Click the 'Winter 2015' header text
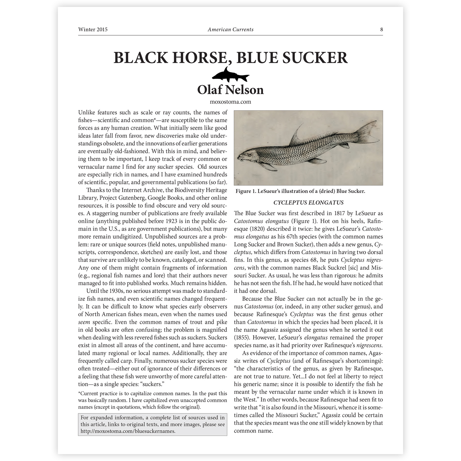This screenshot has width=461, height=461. click(93, 29)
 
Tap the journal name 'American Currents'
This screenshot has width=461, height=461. click(231, 29)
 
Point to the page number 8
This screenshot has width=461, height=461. click(381, 29)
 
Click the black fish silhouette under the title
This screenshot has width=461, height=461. click(231, 75)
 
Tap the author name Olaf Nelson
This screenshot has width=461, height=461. click(231, 90)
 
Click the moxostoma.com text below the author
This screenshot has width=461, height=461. click(231, 102)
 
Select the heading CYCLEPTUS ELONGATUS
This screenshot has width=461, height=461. click(308, 203)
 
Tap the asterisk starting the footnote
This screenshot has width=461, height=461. click(79, 393)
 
